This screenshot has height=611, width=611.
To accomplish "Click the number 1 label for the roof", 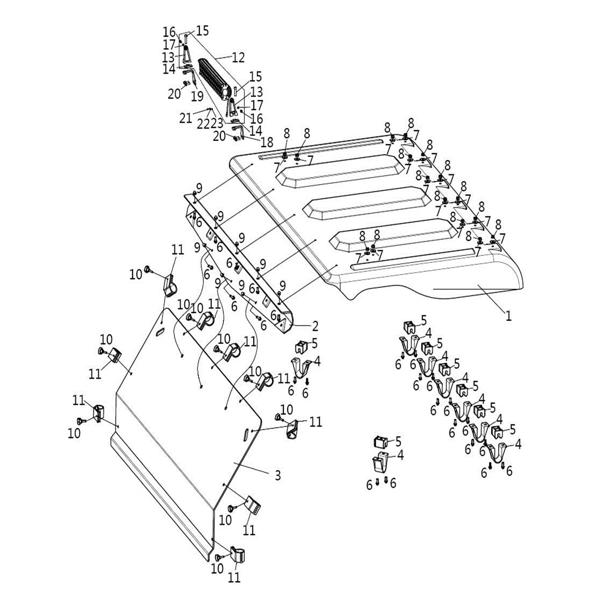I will point(508,316).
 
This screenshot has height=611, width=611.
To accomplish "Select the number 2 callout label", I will point(315,325).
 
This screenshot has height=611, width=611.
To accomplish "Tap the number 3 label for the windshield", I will point(278,475).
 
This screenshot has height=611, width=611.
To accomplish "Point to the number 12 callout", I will point(238,58).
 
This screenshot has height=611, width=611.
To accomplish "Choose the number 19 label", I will point(197,96).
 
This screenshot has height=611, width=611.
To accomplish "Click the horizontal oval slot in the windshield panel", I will point(160,332).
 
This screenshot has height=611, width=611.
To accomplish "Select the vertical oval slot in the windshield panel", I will point(246,434).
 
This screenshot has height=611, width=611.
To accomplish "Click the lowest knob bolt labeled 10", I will point(219,557).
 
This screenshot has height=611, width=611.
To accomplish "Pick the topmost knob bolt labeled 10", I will point(149,270).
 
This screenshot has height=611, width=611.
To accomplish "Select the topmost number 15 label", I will point(202,31).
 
